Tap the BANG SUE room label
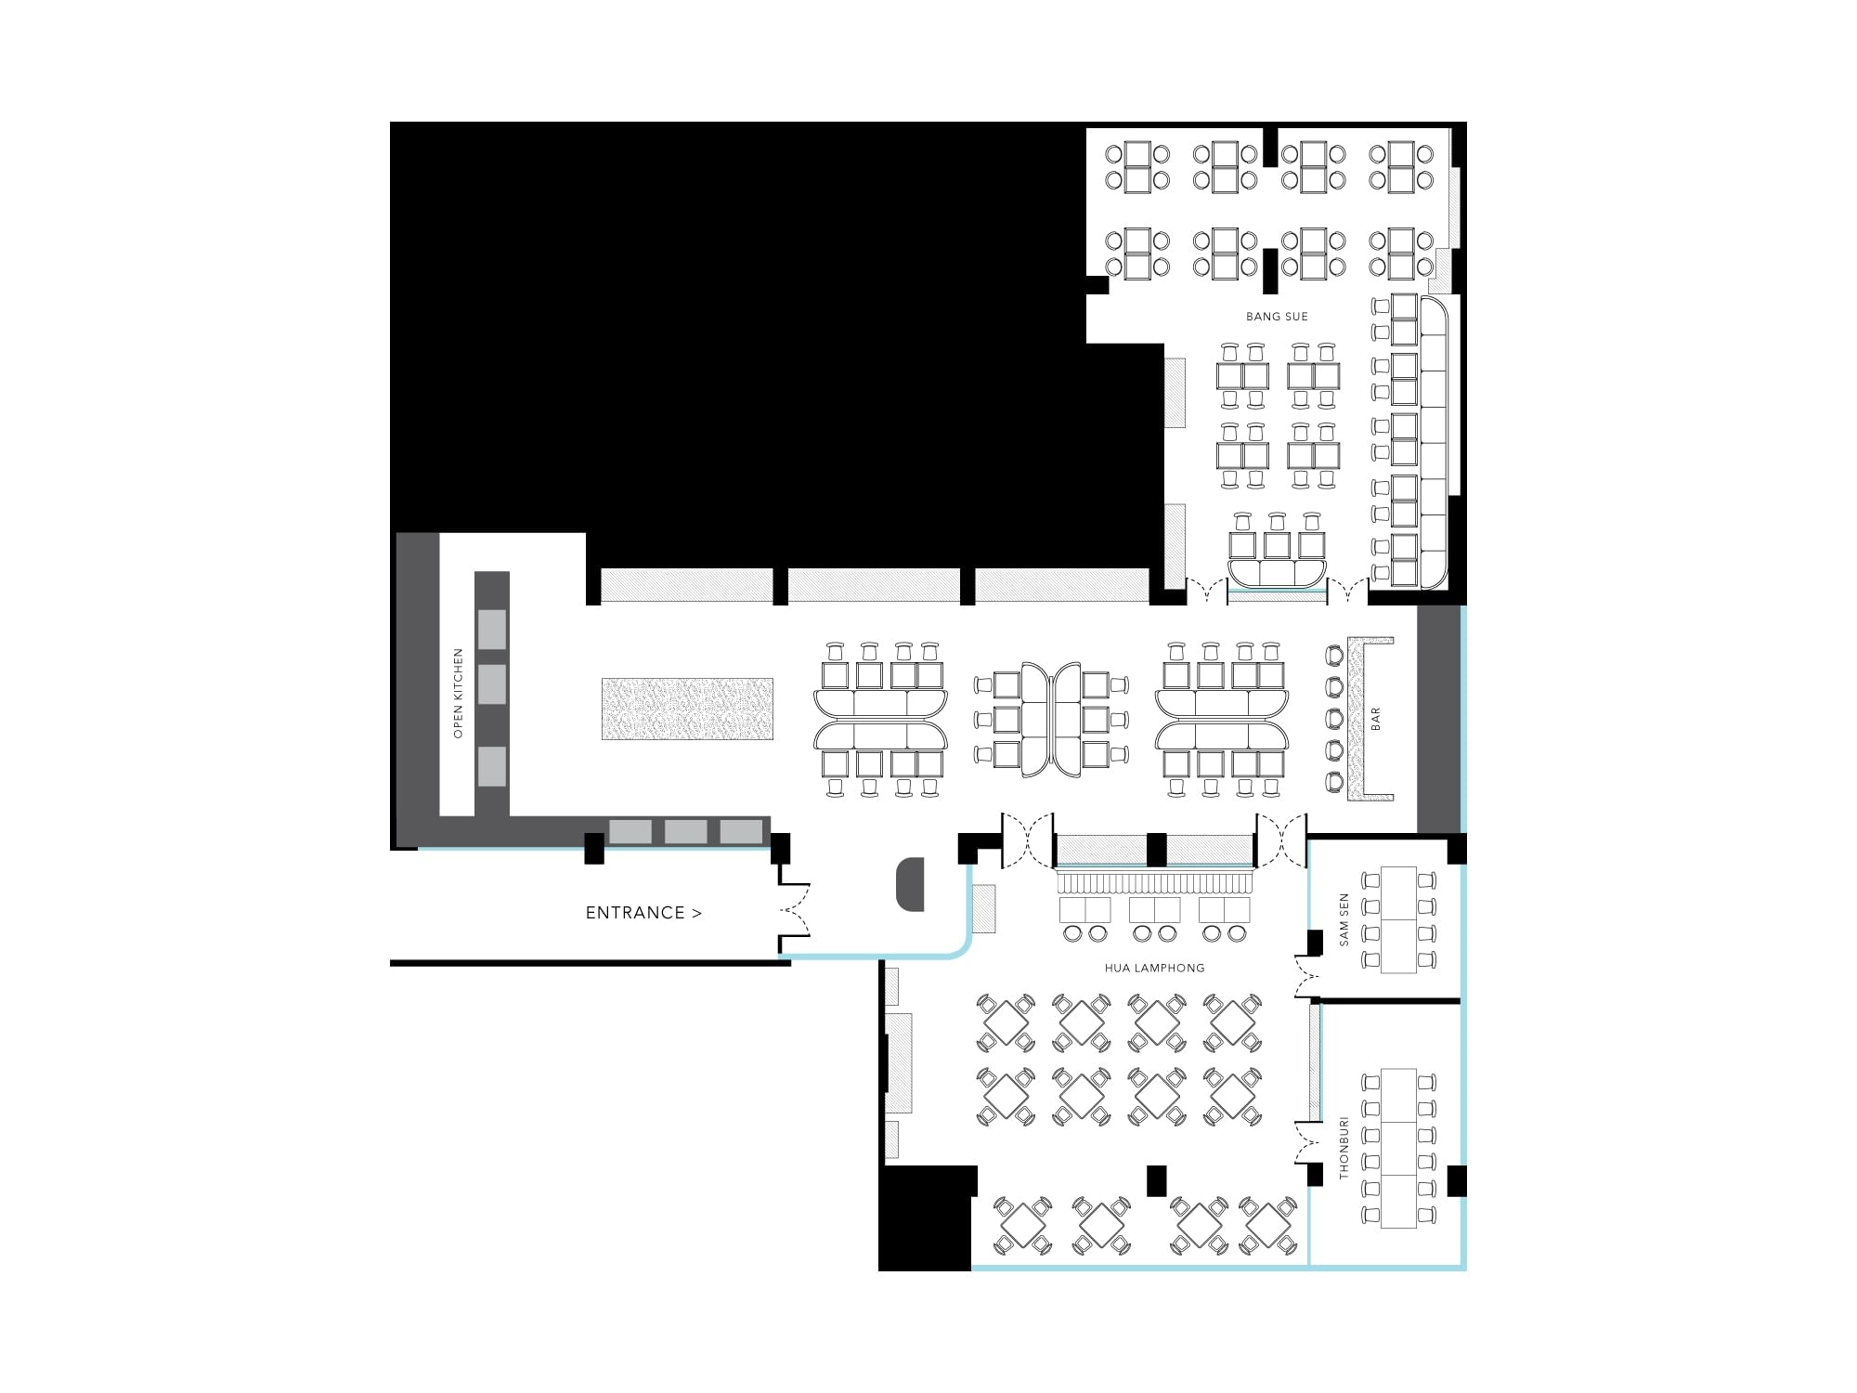pos(1277,317)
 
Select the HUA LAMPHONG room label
pos(1154,968)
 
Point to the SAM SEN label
pos(1344,920)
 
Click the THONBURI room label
pos(1344,1149)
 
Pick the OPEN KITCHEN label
pos(458,694)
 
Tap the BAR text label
pos(1376,719)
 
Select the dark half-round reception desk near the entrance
pos(910,884)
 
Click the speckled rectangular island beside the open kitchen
pos(687,709)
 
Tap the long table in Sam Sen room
pos(1398,919)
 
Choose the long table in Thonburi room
pos(1398,1148)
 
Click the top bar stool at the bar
pos(1335,656)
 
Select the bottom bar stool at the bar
pos(1335,782)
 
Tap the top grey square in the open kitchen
pos(492,630)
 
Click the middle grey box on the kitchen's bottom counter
pos(686,831)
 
